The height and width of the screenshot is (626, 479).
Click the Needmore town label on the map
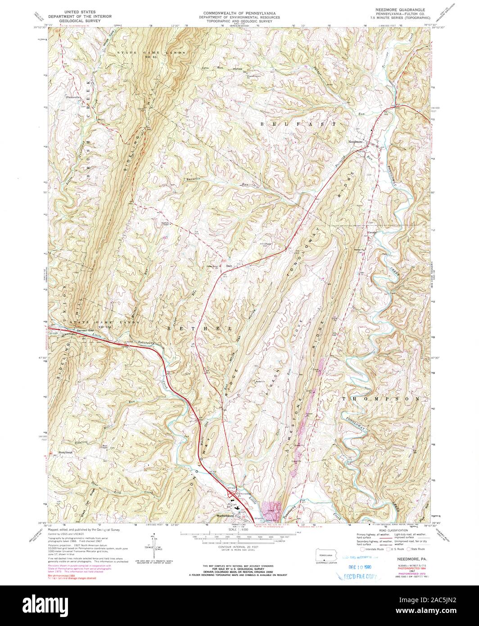[x=355, y=142]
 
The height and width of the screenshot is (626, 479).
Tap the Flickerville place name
[x=72, y=97]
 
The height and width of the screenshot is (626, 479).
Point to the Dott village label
[x=229, y=266]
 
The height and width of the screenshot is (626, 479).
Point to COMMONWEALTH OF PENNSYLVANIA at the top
[x=239, y=9]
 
